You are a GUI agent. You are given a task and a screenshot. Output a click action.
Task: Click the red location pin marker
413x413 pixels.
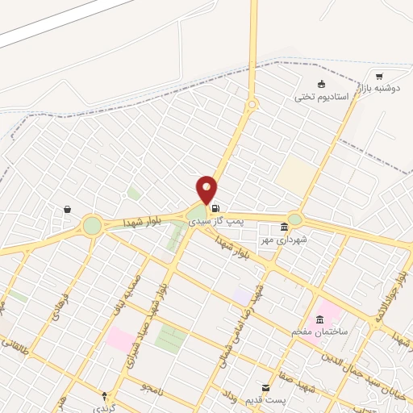pos(206,190)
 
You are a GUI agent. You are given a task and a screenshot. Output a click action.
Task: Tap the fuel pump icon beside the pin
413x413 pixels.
pos(215,207)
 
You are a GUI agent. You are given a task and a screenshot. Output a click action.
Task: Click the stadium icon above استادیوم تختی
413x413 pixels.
pos(322,84)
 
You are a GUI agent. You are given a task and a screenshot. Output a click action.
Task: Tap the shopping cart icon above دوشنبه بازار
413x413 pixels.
pos(379,77)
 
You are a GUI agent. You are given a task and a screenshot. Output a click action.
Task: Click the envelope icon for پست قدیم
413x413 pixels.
pos(265,387)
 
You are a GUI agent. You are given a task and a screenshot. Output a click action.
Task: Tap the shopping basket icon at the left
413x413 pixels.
pos(67,210)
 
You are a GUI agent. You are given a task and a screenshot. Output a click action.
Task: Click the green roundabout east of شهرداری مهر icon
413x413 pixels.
pos(295,219)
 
